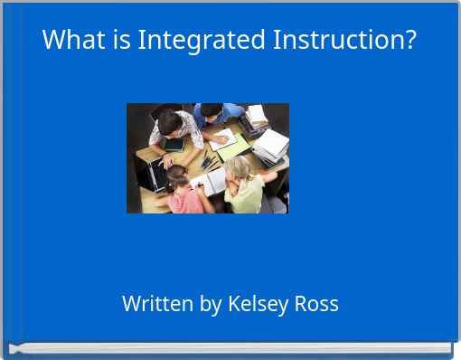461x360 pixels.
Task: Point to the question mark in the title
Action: click(410, 41)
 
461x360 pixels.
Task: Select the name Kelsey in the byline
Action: click(259, 304)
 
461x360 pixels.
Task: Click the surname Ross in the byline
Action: click(315, 304)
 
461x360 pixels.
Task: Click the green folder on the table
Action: click(231, 147)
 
